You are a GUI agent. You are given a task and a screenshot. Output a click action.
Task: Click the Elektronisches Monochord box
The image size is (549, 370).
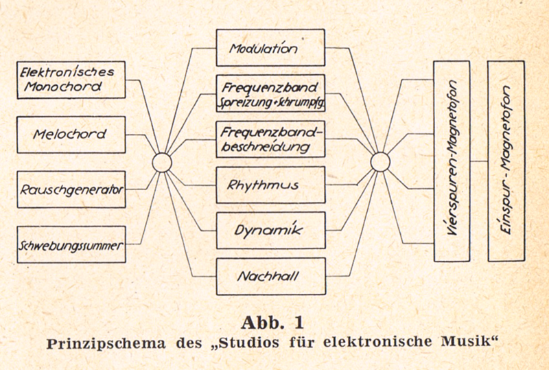[71, 80]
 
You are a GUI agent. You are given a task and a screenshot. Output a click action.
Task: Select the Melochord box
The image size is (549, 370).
[71, 135]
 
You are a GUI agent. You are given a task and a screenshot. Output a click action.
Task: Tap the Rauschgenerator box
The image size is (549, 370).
[71, 189]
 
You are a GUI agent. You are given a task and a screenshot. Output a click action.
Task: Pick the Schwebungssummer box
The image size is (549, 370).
[71, 244]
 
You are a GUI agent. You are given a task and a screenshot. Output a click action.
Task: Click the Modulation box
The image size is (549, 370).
[270, 47]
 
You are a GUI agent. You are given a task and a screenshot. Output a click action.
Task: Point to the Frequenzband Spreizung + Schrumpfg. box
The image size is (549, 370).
[270, 93]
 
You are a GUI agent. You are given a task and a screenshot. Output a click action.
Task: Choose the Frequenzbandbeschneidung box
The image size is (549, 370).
[270, 139]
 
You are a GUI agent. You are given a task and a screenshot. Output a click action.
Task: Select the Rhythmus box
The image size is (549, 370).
[270, 185]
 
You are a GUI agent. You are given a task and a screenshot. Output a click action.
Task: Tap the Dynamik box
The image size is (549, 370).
[270, 231]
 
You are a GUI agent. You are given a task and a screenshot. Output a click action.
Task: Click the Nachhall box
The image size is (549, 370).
[270, 277]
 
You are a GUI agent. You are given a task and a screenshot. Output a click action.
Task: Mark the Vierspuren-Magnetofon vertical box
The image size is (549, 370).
[452, 161]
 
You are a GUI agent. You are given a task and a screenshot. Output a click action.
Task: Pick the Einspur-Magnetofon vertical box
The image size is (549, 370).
[506, 161]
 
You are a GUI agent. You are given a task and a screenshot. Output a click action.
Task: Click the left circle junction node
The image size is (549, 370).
[162, 162]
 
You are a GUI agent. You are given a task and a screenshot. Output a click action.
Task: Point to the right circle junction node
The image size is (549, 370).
[379, 162]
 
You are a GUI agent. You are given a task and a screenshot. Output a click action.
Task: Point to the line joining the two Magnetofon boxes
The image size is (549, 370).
[478, 162]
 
